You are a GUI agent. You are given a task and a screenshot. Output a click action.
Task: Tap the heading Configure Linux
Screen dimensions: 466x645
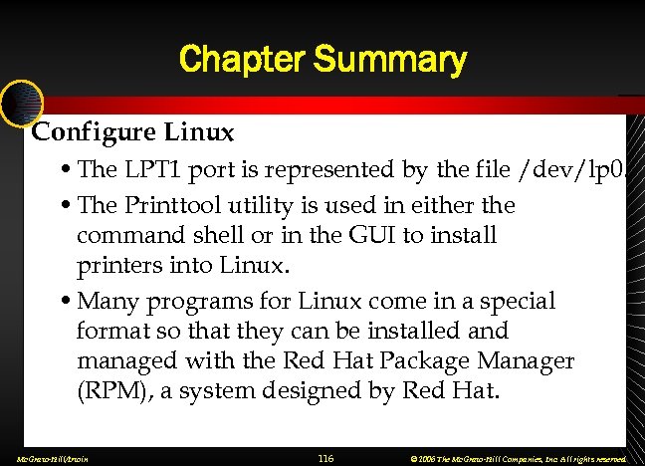pyautogui.click(x=133, y=131)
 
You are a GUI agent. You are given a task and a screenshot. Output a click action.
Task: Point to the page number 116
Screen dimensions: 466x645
pyautogui.click(x=324, y=458)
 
